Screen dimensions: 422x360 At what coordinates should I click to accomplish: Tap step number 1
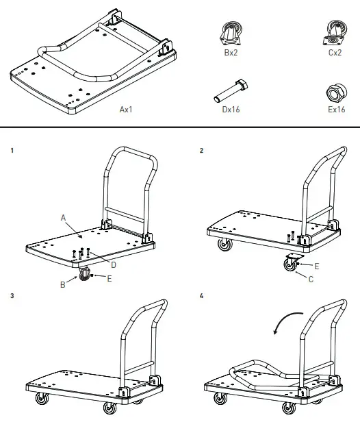click(x=13, y=149)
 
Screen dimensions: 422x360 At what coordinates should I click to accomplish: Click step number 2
click(x=201, y=149)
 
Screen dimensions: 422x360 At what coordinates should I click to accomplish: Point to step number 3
click(x=13, y=296)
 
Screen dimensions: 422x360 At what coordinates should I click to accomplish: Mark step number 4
click(x=201, y=296)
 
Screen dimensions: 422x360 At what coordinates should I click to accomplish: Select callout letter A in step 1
click(x=62, y=216)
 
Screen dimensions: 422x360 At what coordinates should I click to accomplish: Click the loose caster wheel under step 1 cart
click(x=86, y=275)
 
